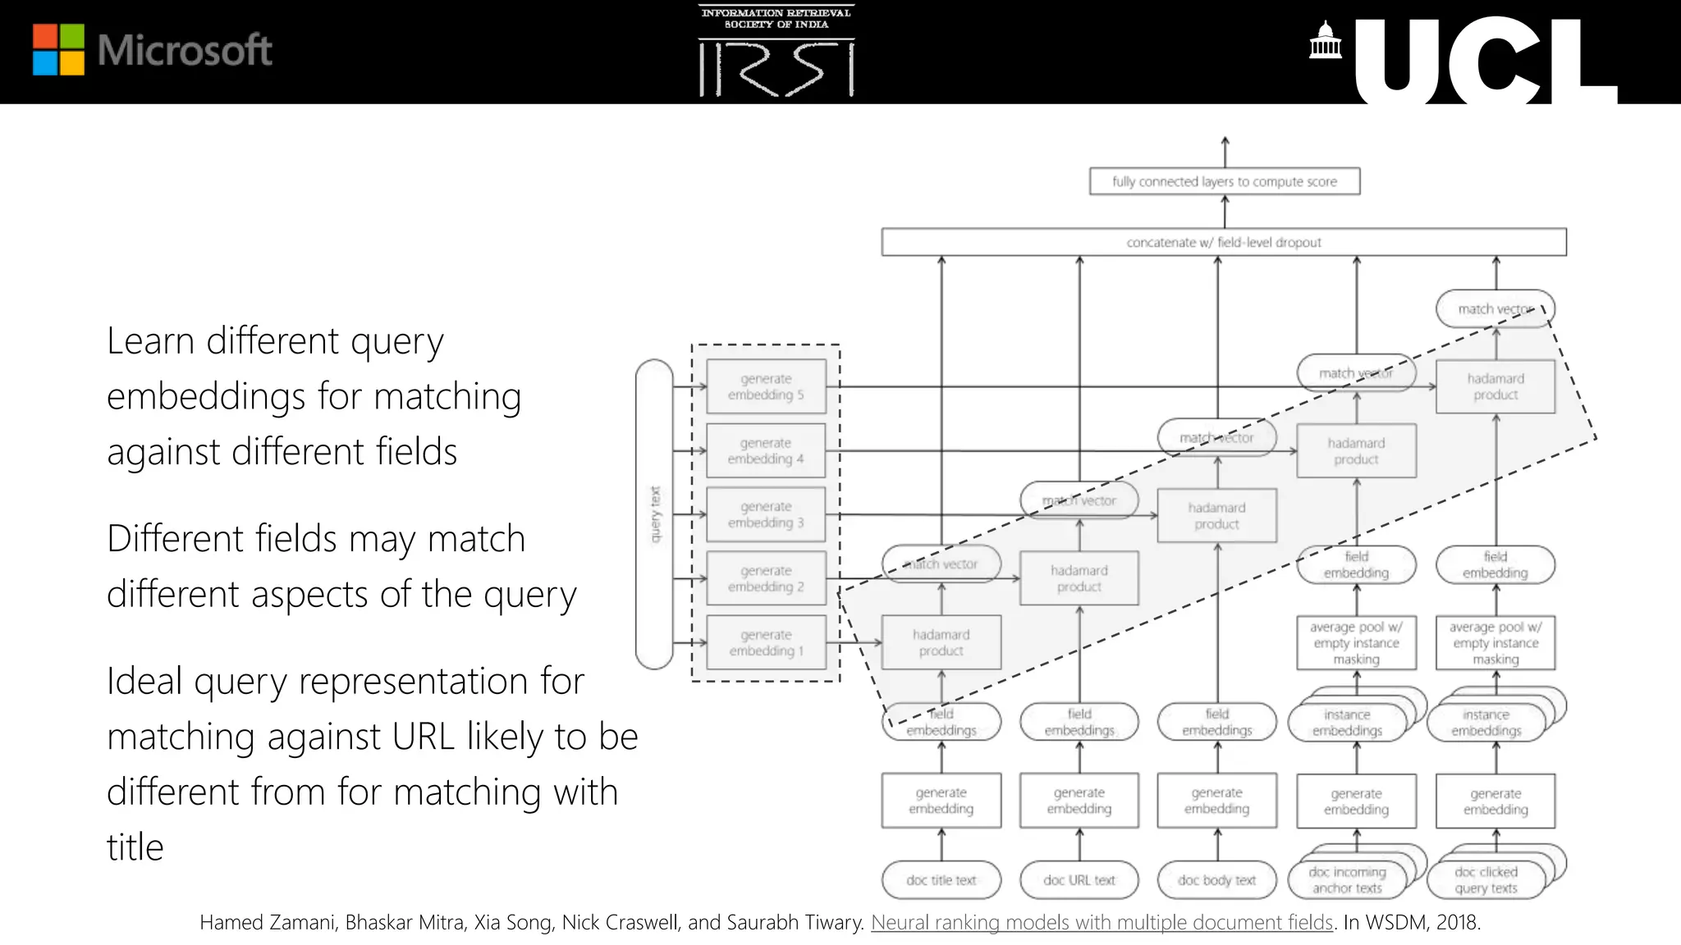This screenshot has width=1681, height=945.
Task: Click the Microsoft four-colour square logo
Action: (58, 50)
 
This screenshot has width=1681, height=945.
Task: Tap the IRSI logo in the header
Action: (776, 52)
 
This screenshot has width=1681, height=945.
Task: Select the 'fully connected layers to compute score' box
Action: (1224, 181)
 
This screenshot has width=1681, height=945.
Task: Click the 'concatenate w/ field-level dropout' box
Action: (1223, 242)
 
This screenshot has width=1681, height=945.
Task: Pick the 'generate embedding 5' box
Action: (766, 386)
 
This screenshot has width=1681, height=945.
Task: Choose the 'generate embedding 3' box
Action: (766, 514)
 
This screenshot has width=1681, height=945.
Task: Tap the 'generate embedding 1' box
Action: (766, 642)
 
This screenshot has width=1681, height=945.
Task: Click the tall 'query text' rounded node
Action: (654, 514)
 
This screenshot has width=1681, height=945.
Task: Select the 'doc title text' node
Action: (941, 880)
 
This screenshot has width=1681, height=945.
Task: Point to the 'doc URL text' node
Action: (1079, 880)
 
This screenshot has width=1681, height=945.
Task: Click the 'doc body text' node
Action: (1216, 880)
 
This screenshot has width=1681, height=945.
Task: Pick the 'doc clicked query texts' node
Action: (1486, 880)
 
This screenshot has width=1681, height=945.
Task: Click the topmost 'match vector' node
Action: (1495, 308)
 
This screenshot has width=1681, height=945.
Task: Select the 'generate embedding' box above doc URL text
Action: (1079, 800)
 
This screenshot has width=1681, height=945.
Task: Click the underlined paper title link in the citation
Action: (1102, 922)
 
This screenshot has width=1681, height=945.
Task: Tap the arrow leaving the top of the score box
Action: (1225, 152)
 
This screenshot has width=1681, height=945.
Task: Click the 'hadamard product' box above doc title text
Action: (941, 642)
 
